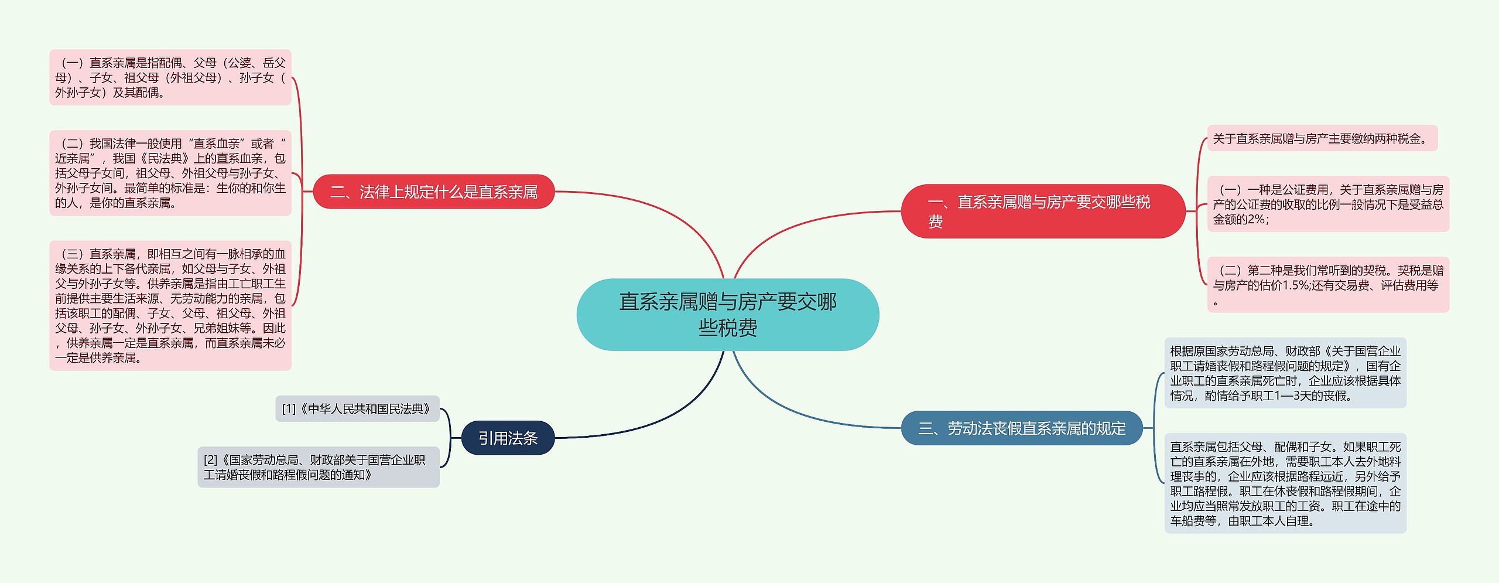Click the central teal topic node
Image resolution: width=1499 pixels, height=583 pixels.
tap(727, 315)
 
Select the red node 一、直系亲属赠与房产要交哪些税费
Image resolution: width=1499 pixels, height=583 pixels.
tap(1042, 211)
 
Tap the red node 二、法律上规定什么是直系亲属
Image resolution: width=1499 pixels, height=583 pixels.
tap(434, 192)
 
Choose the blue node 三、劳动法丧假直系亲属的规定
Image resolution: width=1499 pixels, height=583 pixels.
tap(1021, 428)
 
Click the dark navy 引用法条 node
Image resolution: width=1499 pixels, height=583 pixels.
tap(508, 438)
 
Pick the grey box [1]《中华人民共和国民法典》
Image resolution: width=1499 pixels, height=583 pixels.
tap(357, 408)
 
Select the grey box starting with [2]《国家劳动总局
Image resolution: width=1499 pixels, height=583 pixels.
tap(318, 467)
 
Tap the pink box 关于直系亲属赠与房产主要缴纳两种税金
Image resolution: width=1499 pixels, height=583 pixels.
tap(1322, 138)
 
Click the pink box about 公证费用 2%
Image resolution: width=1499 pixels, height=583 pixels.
tap(1327, 204)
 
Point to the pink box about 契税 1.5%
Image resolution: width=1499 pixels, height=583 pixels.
tap(1327, 285)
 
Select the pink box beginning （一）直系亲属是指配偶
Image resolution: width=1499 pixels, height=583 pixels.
tap(170, 77)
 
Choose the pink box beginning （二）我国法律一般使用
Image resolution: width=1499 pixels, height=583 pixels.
tap(170, 173)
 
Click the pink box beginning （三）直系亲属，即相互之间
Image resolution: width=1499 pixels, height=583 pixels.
tap(170, 305)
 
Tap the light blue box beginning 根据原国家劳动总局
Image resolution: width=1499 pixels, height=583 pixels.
tap(1285, 373)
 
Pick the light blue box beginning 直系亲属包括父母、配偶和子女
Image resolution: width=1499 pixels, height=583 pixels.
tap(1285, 483)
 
